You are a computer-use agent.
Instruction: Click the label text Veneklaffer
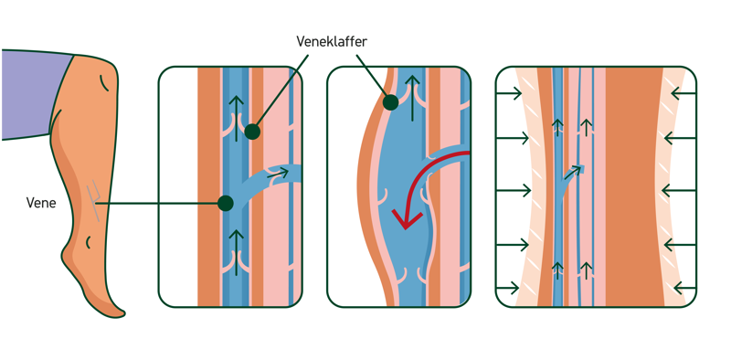pos(332,41)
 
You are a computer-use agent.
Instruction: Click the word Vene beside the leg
pos(41,204)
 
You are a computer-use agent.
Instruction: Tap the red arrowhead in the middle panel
pos(407,219)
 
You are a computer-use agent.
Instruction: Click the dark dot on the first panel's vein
pos(225,204)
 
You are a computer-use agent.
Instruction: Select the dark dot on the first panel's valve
pos(252,132)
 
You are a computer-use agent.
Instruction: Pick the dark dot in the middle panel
pos(390,102)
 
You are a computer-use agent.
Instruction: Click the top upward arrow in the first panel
pos(237,118)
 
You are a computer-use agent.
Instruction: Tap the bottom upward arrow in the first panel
pos(237,252)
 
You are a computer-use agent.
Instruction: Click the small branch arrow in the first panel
pos(279,175)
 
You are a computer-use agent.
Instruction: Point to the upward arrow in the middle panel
pos(412,98)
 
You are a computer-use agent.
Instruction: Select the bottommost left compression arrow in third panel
pos(508,288)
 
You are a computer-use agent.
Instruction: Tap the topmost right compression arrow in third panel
pos(683,94)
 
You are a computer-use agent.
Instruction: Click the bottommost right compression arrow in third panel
pos(684,287)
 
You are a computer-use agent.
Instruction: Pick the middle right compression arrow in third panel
pos(679,191)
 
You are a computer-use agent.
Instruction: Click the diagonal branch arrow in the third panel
pos(575,172)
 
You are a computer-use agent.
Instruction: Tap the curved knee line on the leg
pos(105,83)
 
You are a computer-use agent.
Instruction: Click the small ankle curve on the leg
pos(89,242)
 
